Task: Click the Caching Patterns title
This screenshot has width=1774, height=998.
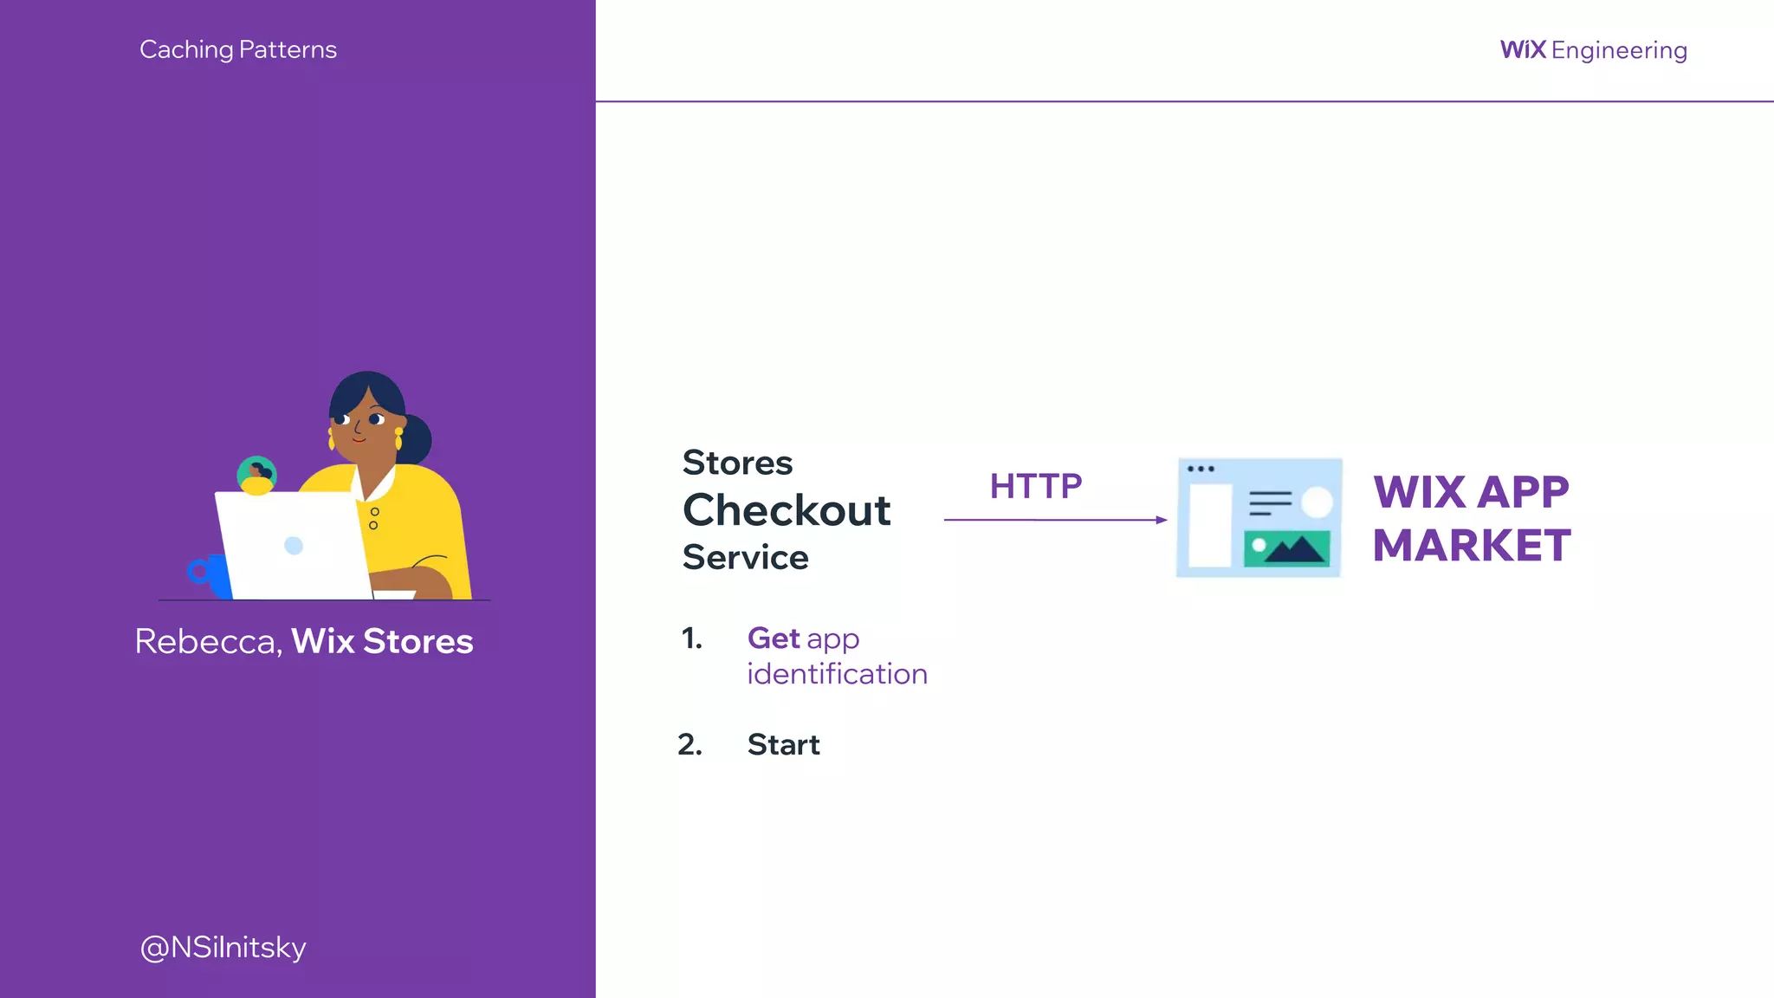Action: coord(238,49)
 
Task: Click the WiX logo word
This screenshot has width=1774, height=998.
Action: coord(1523,49)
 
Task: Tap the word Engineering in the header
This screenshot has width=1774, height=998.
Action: coord(1619,50)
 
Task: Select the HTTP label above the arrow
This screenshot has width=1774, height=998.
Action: coord(1036,486)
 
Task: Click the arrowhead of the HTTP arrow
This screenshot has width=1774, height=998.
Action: coord(1162,520)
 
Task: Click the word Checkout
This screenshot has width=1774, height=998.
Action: coord(787,509)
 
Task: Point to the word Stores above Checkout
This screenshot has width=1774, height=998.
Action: coord(737,463)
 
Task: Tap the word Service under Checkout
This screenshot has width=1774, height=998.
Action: coord(745,557)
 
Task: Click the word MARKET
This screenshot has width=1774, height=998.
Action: coord(1472,546)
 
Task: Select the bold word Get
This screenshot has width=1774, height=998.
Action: coord(774,638)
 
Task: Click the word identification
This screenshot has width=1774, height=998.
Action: coord(837,674)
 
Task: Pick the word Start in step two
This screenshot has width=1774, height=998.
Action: coord(783,744)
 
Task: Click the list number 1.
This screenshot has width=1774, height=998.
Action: coord(691,638)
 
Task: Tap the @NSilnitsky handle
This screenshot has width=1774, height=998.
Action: coord(223,947)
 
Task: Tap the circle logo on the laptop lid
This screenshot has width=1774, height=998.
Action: coord(294,545)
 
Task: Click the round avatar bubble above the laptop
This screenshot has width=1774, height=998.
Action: coord(256,476)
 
